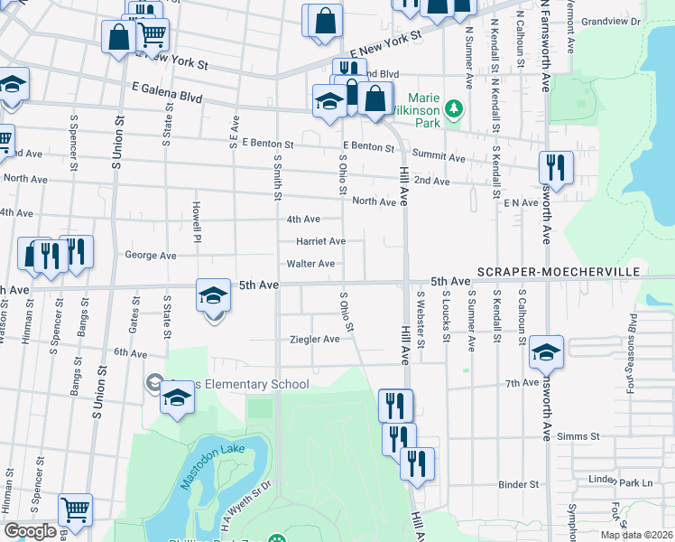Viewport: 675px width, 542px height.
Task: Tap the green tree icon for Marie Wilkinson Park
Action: [455, 109]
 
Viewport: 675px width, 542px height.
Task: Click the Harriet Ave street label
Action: [321, 241]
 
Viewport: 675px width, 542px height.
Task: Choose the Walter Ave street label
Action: [310, 264]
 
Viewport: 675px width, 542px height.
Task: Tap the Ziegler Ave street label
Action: [314, 340]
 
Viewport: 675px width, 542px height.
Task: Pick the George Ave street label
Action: [151, 256]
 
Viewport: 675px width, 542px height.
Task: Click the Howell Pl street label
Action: [196, 217]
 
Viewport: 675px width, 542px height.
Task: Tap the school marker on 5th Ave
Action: [213, 295]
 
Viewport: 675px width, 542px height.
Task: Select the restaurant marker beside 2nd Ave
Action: [554, 167]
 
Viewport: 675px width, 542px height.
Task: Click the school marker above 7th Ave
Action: [546, 352]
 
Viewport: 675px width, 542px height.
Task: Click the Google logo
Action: [30, 531]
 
